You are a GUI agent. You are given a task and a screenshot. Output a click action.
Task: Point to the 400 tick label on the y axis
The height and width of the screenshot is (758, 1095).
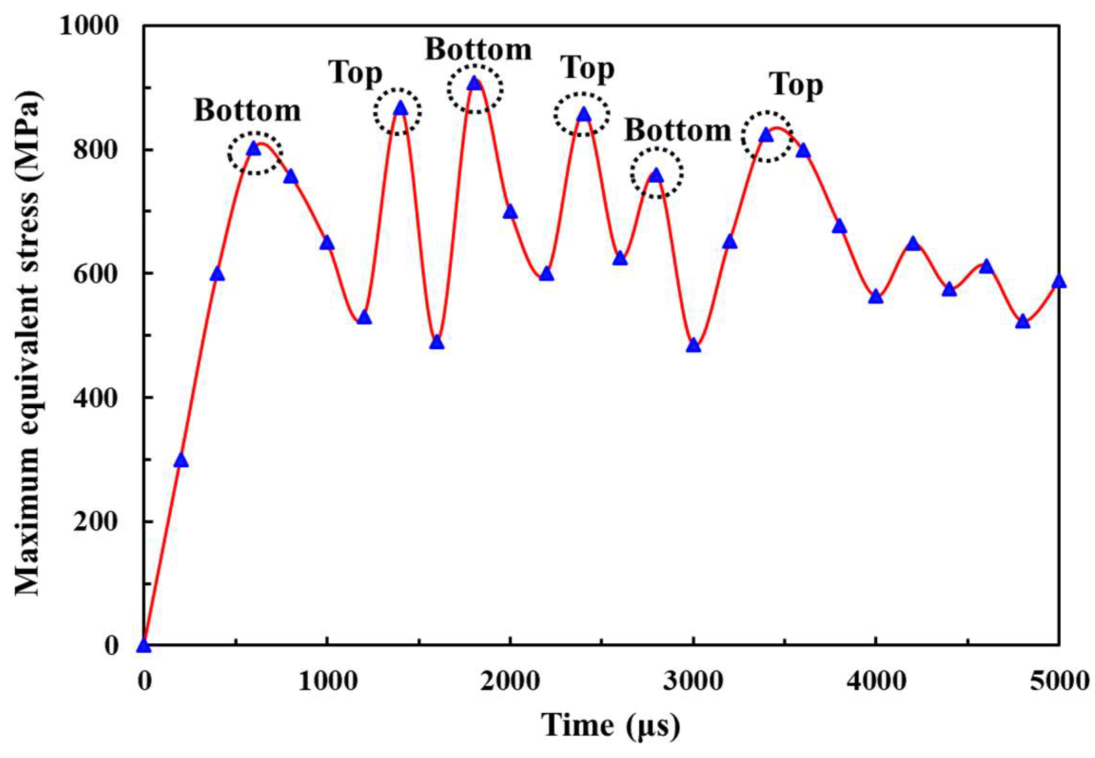[x=95, y=398]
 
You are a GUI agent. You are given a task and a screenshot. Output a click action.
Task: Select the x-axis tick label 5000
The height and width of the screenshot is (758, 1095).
[x=1059, y=681]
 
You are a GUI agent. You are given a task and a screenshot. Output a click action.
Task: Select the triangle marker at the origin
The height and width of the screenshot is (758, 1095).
[x=144, y=646]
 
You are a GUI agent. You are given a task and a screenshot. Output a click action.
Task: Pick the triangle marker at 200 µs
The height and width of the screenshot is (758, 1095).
[x=181, y=461]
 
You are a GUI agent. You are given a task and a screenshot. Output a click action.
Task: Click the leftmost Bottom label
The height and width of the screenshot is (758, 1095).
[x=247, y=111]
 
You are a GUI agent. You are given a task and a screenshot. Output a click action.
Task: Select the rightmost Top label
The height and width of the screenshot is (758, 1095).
[x=797, y=86]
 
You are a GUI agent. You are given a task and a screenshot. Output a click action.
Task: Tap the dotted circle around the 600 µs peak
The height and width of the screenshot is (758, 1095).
[x=255, y=153]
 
